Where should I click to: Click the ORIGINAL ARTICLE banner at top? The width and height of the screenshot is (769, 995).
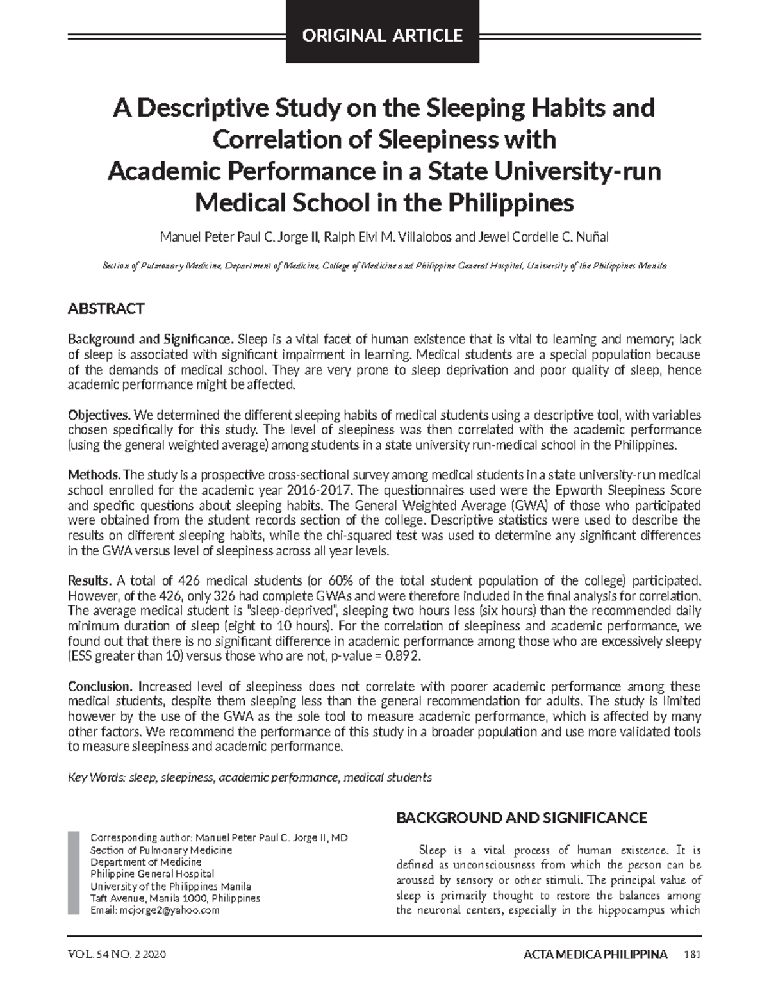pos(383,35)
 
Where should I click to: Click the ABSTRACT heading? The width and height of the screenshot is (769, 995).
pos(106,309)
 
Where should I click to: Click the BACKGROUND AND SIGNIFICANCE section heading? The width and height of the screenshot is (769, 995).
pos(522,818)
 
